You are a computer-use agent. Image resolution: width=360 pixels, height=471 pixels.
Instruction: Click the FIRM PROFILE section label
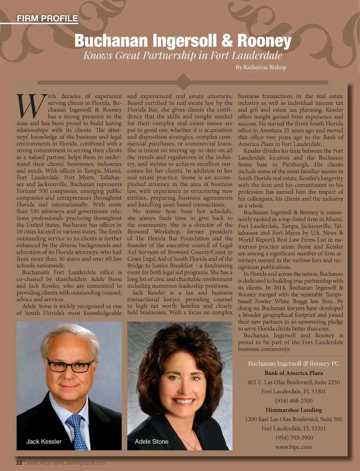[x=47, y=19]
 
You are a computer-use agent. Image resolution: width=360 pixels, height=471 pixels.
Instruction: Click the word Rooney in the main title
[x=264, y=41]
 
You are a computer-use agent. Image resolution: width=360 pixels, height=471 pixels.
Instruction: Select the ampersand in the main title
[x=227, y=41]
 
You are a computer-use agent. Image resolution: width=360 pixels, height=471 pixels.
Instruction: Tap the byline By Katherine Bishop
[x=261, y=67]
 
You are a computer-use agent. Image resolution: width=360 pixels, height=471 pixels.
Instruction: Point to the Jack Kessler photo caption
[x=44, y=441]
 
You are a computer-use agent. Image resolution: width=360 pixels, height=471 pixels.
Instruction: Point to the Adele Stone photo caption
[x=152, y=441]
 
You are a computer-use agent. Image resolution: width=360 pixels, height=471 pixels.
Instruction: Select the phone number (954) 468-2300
[x=294, y=401]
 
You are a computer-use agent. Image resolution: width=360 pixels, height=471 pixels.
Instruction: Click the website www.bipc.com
[x=294, y=447]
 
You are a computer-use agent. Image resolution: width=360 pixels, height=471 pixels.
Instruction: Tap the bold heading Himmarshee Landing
[x=294, y=410]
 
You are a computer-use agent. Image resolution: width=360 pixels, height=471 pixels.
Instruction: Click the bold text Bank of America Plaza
[x=294, y=373]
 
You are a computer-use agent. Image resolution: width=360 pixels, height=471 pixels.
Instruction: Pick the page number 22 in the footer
[x=19, y=463]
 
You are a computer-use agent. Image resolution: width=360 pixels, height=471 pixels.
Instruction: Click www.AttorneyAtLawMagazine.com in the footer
[x=66, y=463]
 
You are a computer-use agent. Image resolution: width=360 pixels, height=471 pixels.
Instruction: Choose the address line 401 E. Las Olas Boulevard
[x=294, y=382]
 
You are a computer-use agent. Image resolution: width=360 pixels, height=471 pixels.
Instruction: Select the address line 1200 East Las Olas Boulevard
[x=294, y=419]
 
